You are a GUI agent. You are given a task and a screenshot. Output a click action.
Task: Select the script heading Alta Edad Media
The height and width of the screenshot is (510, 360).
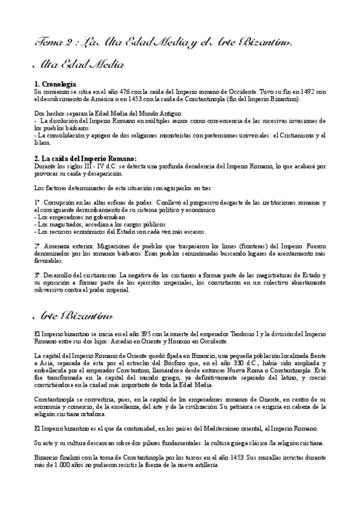click(78, 64)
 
